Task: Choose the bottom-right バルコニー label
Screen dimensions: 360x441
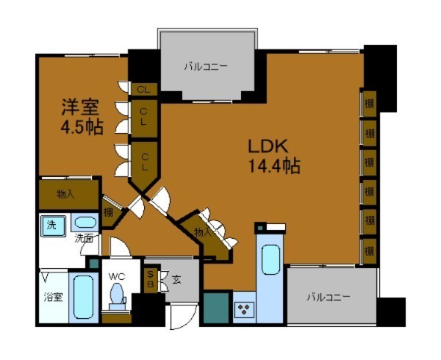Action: [329, 298]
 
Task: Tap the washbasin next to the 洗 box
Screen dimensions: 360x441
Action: [85, 225]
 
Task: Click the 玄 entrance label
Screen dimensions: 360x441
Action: [176, 278]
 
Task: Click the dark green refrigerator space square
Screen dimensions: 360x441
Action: [216, 308]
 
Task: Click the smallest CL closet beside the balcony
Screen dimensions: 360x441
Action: [143, 89]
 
